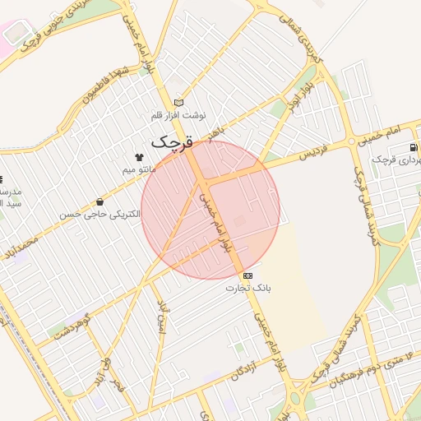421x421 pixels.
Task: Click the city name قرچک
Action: pos(172,141)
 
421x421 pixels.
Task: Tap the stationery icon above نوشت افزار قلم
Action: pos(178,103)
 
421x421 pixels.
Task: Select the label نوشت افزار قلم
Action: pos(179,115)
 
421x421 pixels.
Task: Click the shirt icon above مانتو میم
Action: pos(139,157)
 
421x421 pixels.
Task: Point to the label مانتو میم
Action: pos(139,169)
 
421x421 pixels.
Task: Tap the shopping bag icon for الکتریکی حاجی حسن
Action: pos(99,202)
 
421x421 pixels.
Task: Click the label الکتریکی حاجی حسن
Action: pos(99,215)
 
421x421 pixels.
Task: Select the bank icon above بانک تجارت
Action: pos(248,275)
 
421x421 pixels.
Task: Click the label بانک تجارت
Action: pos(248,289)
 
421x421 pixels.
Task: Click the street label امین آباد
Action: pos(161,321)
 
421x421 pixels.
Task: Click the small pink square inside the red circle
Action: pos(239,220)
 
